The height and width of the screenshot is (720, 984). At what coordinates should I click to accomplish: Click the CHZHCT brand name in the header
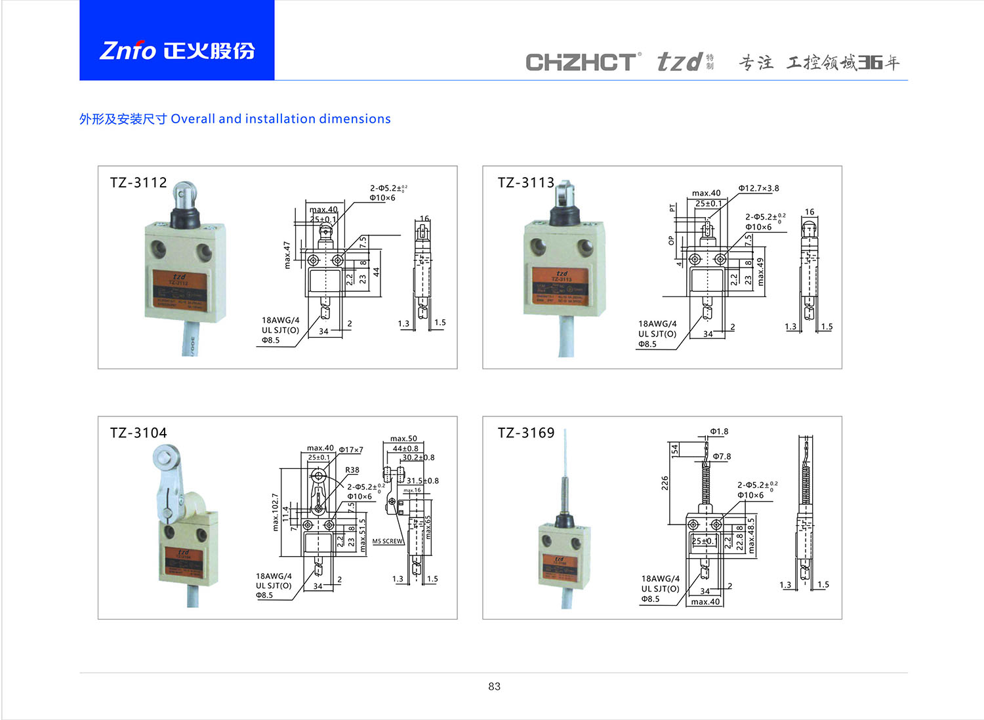(x=581, y=62)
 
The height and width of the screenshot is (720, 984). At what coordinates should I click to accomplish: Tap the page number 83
(x=494, y=686)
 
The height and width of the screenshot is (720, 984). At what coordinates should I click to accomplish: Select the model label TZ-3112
(x=138, y=182)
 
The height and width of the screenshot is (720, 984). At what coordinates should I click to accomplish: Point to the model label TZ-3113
(x=525, y=182)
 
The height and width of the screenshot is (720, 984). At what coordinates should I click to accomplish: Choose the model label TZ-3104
(x=138, y=433)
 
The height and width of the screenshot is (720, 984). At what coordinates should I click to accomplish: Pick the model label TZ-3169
(x=525, y=433)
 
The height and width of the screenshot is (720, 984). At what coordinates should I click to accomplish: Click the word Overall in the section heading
(x=193, y=119)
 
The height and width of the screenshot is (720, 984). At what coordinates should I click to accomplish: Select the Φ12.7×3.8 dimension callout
(x=758, y=188)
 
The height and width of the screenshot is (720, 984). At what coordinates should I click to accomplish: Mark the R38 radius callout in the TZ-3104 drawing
(x=352, y=470)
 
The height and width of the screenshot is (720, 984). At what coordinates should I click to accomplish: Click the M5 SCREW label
(x=388, y=541)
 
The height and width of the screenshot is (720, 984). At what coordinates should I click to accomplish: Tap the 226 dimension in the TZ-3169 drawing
(x=665, y=483)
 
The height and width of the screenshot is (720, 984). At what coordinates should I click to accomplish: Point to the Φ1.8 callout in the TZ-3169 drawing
(x=719, y=431)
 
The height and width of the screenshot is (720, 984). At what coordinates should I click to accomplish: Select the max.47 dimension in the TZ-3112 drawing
(x=287, y=255)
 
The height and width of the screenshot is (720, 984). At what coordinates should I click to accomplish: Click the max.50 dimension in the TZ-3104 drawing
(x=403, y=439)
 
